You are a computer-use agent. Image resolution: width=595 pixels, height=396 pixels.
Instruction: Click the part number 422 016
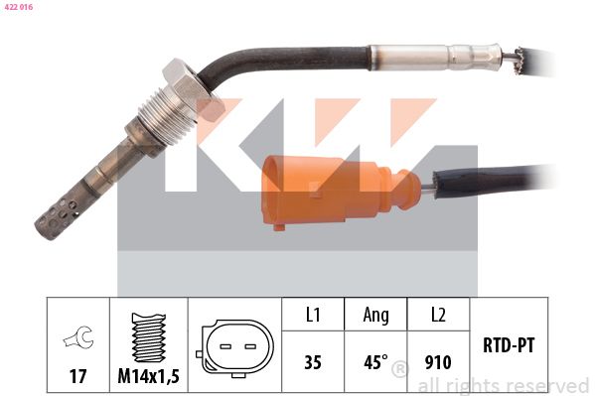(x=19, y=7)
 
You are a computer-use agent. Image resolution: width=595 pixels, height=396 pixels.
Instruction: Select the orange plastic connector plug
(x=340, y=192)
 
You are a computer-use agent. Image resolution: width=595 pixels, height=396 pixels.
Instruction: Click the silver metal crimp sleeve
(x=436, y=58)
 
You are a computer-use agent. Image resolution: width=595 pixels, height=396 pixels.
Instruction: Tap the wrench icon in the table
(x=78, y=336)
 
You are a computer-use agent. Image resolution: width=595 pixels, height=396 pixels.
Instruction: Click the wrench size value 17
(x=77, y=376)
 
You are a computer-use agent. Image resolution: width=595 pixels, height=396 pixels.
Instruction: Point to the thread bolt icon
(x=148, y=337)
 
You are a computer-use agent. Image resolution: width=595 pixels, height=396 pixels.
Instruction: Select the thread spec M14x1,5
(x=148, y=376)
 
